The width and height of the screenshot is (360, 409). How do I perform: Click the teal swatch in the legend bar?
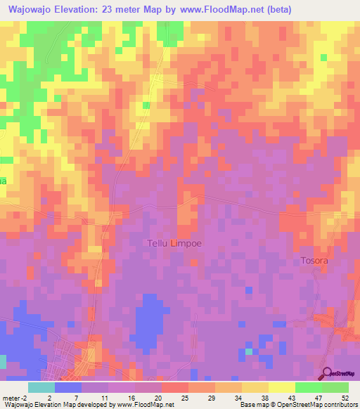[41, 387]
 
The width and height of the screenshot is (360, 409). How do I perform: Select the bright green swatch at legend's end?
[335, 387]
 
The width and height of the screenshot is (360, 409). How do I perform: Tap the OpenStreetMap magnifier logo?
[327, 374]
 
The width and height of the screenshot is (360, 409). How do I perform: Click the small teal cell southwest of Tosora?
[248, 351]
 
